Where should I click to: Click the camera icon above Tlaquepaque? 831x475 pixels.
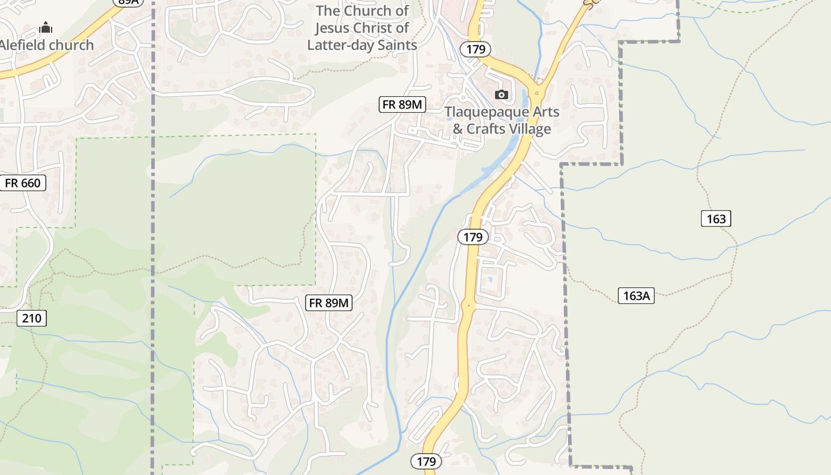(502, 95)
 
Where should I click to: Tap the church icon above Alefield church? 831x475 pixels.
(46, 28)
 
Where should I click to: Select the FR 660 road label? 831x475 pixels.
(23, 183)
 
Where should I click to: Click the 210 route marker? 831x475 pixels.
(31, 318)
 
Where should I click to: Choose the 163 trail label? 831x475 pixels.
(716, 218)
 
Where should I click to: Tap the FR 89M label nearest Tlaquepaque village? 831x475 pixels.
(402, 104)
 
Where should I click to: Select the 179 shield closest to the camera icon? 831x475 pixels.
(475, 49)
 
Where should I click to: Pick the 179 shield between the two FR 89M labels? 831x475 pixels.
(472, 237)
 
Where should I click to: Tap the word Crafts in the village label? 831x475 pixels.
(489, 129)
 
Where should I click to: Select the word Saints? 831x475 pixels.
(396, 45)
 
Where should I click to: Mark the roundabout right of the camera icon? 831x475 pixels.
(537, 93)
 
